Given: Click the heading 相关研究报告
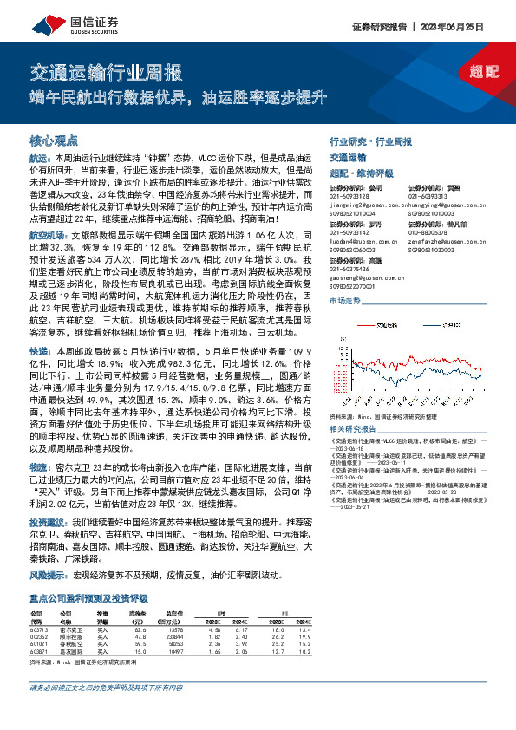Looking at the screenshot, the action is click(x=354, y=428).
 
